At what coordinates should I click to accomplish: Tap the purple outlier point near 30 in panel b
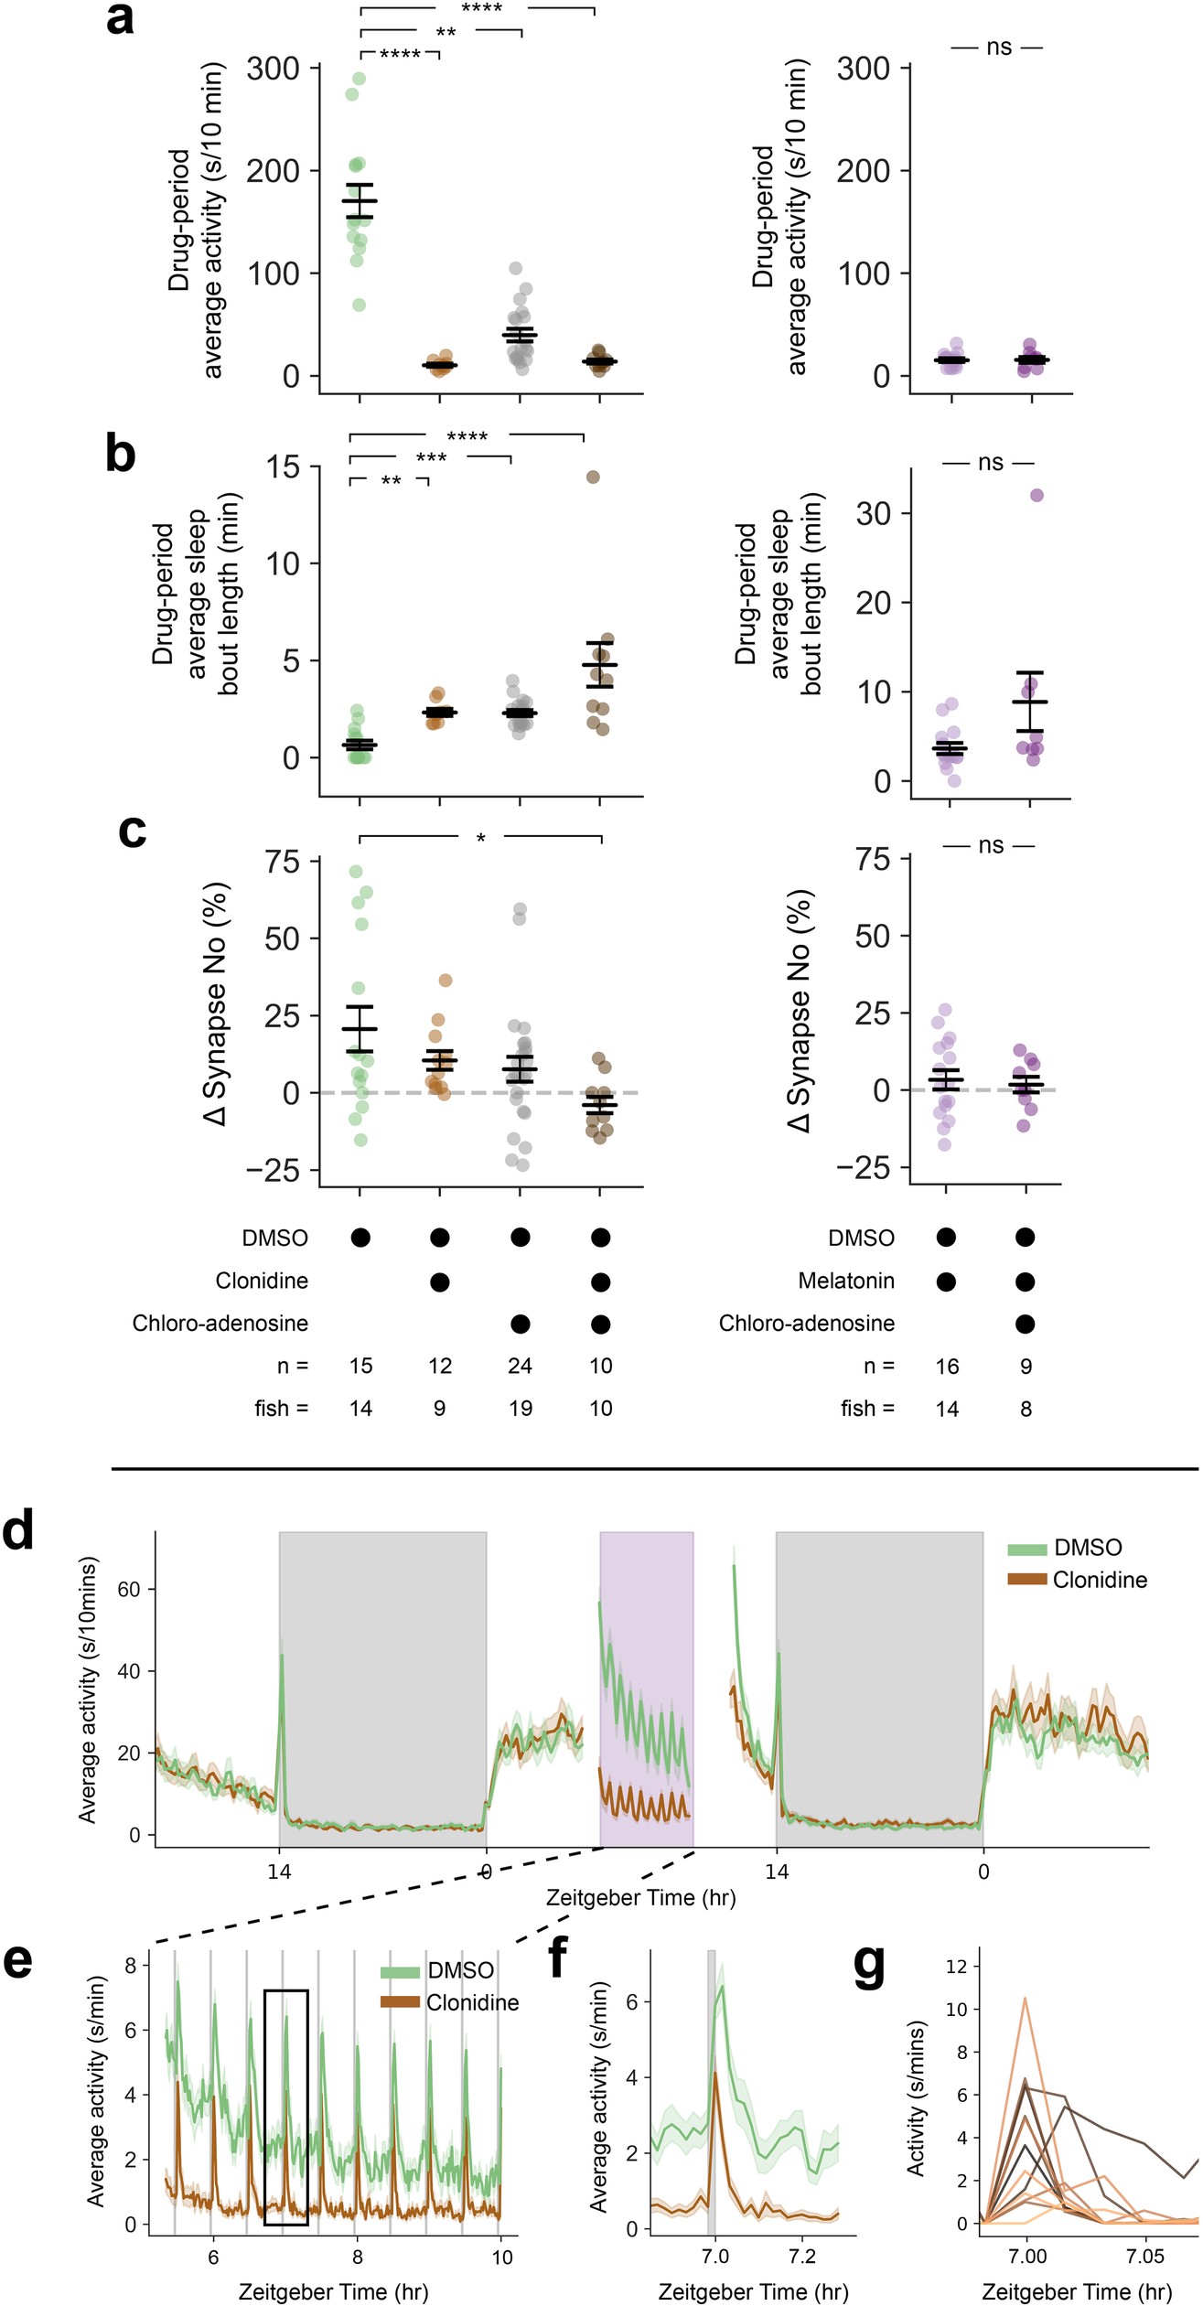pyautogui.click(x=1037, y=495)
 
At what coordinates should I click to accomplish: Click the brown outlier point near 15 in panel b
pyautogui.click(x=593, y=477)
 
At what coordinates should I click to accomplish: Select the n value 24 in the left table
pyautogui.click(x=520, y=1366)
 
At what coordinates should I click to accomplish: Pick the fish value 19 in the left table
pyautogui.click(x=520, y=1408)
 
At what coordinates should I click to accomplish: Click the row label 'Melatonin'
pyautogui.click(x=846, y=1281)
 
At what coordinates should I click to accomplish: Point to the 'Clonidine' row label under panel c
pyautogui.click(x=262, y=1281)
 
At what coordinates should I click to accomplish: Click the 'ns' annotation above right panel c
pyautogui.click(x=991, y=845)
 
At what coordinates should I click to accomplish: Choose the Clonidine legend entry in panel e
pyautogui.click(x=472, y=2002)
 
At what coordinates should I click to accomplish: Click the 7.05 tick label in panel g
pyautogui.click(x=1144, y=2257)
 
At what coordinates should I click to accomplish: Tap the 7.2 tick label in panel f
pyautogui.click(x=802, y=2257)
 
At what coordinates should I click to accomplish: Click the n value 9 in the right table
pyautogui.click(x=1026, y=1367)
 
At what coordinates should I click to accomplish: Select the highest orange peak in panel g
pyautogui.click(x=1026, y=2024)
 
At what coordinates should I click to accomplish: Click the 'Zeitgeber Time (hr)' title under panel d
pyautogui.click(x=640, y=1897)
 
